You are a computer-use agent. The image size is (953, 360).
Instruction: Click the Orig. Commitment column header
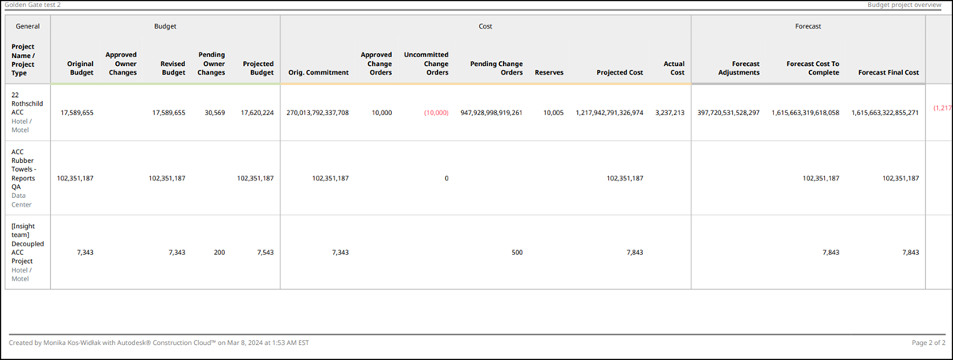pos(318,72)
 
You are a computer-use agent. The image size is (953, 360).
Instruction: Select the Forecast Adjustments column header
pos(738,68)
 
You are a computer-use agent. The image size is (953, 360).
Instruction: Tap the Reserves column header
pos(549,72)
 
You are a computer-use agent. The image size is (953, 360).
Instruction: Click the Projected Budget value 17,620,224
pos(257,113)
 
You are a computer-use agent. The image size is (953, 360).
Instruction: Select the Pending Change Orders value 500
pos(517,253)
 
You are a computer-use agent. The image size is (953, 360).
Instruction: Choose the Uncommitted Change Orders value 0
pos(446,179)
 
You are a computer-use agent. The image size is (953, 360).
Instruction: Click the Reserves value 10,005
pos(553,113)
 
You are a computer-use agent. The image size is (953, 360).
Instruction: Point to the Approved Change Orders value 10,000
pos(382,113)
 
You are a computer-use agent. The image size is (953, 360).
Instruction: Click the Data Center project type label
pos(21,199)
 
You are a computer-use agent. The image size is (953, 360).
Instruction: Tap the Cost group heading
pos(485,26)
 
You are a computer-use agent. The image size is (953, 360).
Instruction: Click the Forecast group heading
pos(808,26)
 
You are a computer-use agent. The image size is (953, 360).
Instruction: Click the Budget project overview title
pos(906,5)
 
